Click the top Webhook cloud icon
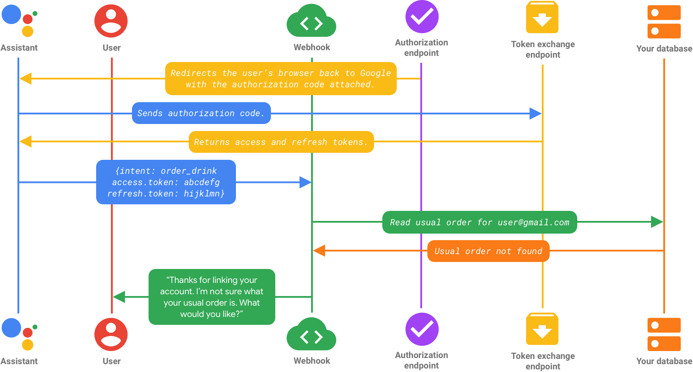312,22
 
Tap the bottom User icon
111,334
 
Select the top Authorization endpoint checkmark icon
422,17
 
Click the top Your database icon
664,22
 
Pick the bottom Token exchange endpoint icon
542,329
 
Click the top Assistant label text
19,48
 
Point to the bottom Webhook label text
312,361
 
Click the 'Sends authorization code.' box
201,113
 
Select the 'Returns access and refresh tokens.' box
281,142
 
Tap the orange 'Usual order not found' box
488,251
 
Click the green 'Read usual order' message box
479,222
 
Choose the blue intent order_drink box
166,182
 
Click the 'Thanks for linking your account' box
212,297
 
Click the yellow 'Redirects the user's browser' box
281,79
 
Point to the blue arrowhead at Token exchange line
536,114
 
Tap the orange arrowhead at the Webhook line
319,251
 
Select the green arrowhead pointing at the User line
119,297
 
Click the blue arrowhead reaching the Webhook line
305,182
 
